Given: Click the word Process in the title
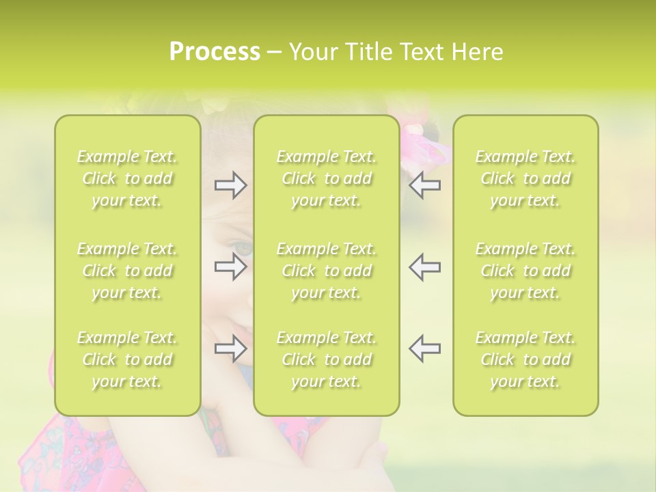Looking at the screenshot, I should click(215, 52).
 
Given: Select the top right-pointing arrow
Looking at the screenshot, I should click(230, 185).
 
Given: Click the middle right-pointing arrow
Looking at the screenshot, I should click(230, 266).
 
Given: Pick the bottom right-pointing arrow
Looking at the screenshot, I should click(230, 349).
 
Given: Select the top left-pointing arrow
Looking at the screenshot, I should click(424, 185).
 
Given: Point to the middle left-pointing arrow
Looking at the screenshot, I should click(424, 266).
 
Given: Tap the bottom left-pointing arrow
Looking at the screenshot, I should click(424, 348).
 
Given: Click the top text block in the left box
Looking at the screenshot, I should click(127, 178).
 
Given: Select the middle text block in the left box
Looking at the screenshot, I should click(127, 271).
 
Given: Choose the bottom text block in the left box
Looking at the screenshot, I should click(127, 359).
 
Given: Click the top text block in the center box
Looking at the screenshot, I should click(326, 178).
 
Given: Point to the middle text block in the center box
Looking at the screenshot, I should click(326, 271).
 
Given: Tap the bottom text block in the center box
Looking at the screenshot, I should click(326, 359).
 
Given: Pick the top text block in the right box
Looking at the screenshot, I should click(525, 178).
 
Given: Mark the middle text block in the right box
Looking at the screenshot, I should click(525, 271).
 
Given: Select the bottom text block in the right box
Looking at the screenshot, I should click(525, 359).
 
